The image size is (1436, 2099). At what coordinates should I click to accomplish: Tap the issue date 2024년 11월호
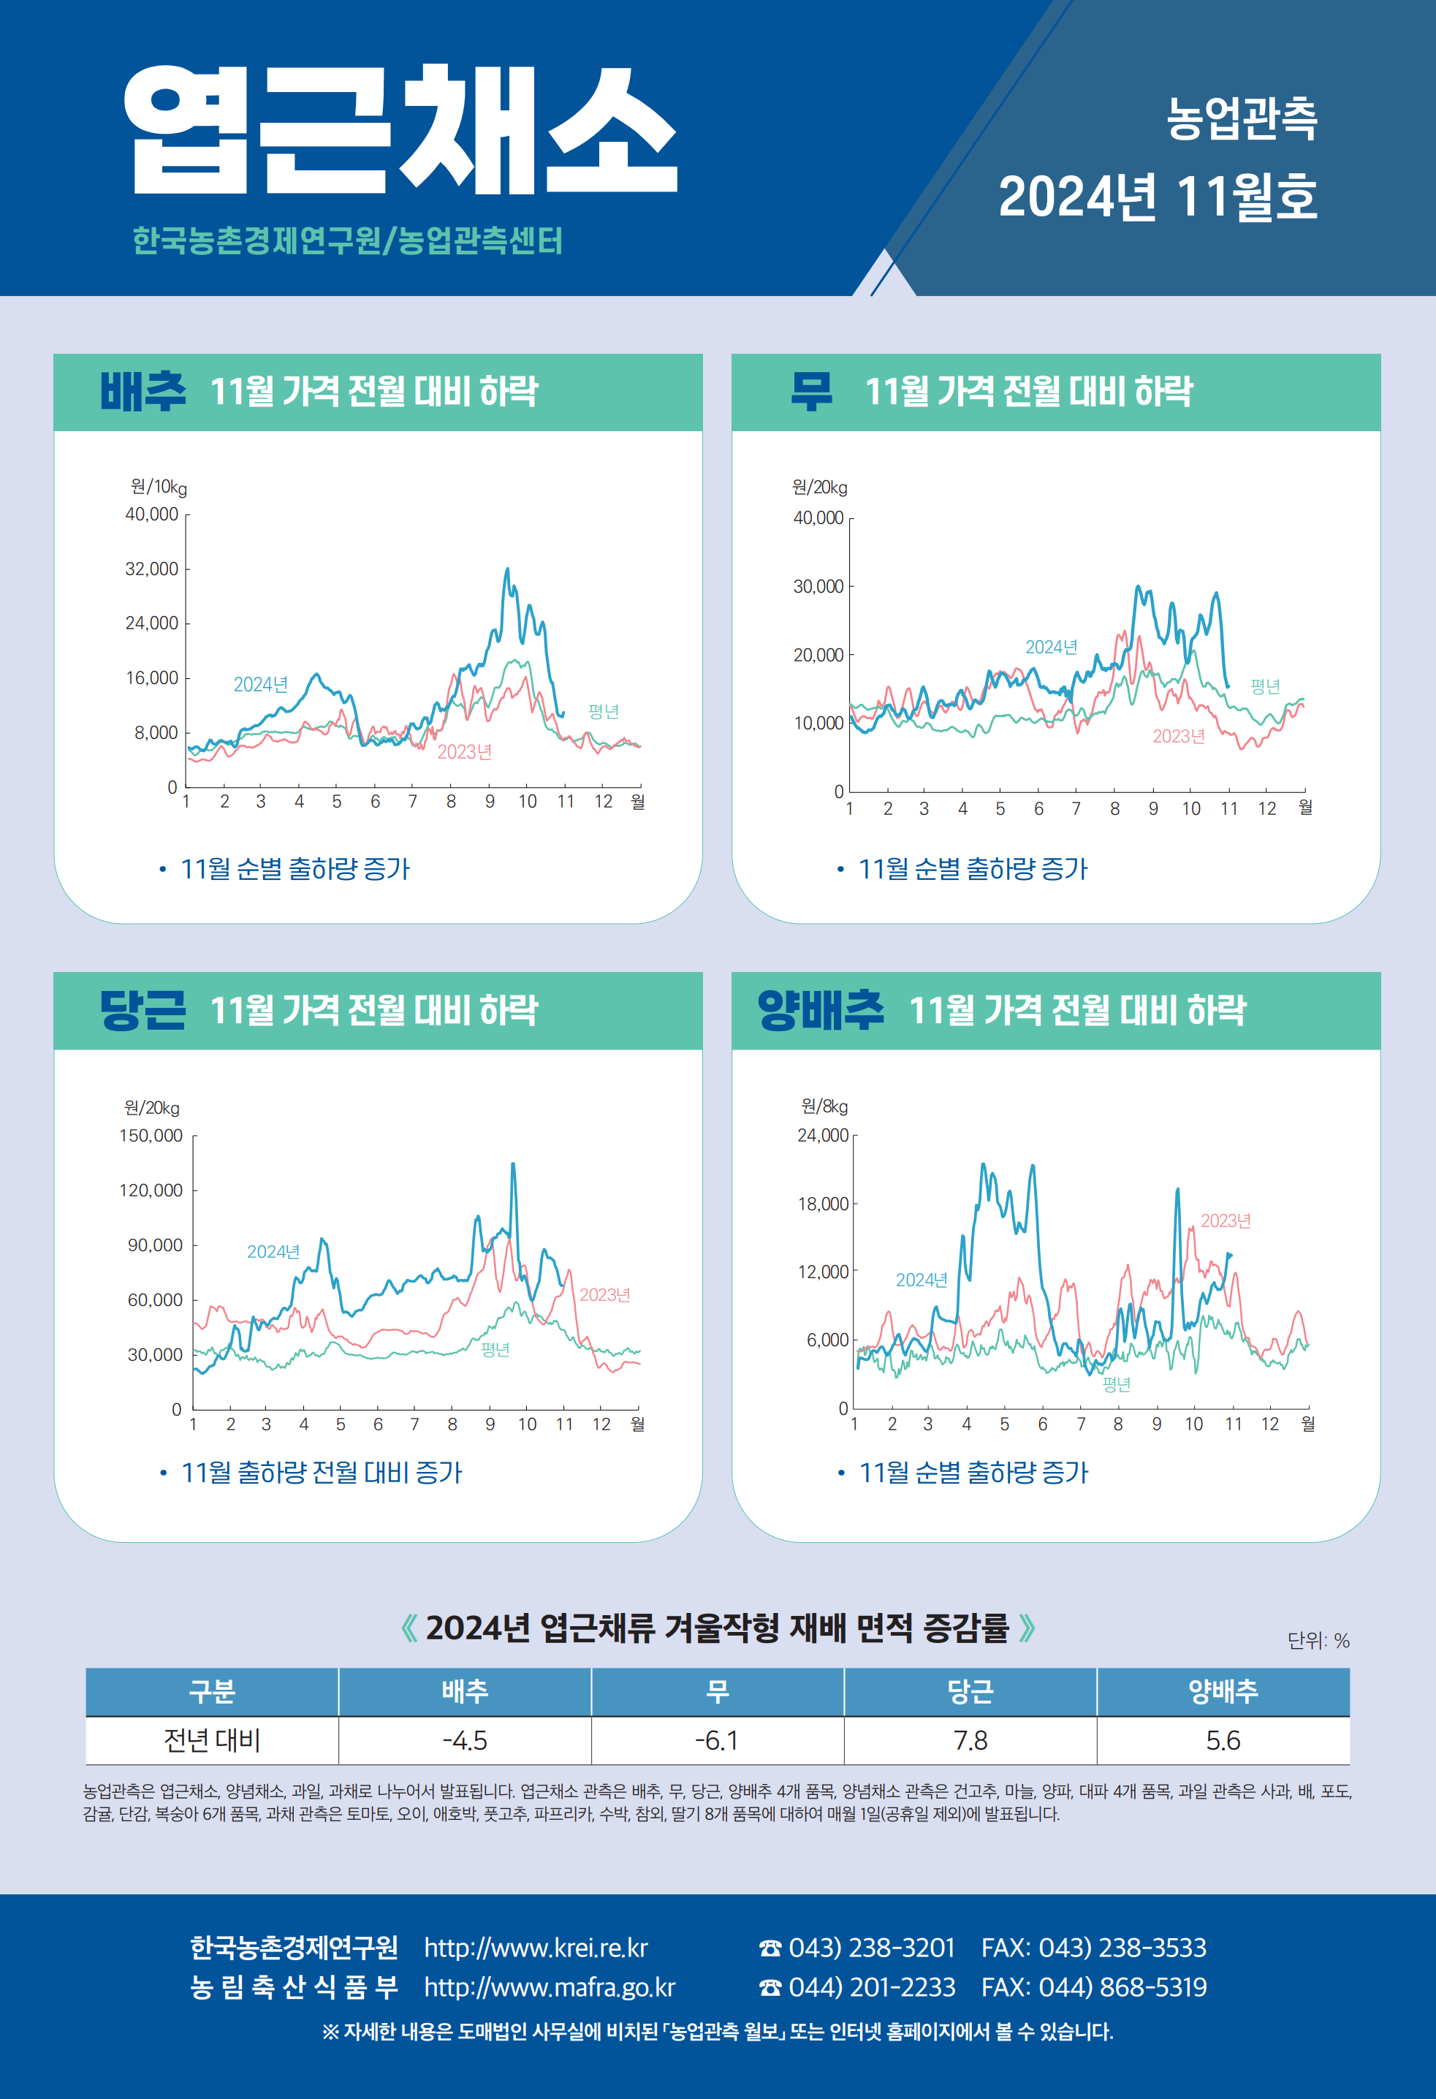point(1157,197)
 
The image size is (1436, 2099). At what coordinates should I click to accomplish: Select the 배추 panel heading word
point(143,391)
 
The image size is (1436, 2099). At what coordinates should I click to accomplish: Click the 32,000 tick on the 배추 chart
point(152,569)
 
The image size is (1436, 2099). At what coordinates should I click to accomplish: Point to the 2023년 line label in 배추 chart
point(464,752)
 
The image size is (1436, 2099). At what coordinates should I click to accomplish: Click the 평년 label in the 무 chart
point(1264,686)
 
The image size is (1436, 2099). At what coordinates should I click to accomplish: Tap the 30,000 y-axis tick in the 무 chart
point(818,587)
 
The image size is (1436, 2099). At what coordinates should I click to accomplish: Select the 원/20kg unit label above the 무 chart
point(819,487)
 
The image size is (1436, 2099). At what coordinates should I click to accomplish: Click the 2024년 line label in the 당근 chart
point(273,1252)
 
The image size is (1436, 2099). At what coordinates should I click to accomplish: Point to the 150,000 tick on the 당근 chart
point(151,1135)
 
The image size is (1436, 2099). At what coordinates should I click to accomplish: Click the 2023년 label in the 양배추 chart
point(1225,1221)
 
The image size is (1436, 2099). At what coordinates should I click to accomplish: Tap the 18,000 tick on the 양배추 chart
point(823,1204)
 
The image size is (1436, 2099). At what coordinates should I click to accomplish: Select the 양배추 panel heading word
point(820,1010)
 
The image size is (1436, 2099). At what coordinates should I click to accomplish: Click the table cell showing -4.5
point(464,1740)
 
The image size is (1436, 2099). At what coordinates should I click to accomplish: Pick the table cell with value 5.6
point(1223,1740)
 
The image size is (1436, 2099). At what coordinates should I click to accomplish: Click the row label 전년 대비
point(211,1740)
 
